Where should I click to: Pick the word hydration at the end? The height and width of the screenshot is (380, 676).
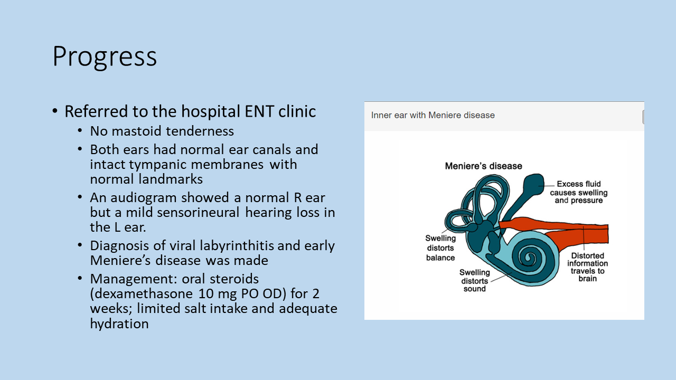tap(119, 324)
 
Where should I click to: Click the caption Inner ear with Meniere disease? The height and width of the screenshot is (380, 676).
tap(433, 115)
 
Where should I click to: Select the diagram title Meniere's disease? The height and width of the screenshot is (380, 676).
tap(483, 166)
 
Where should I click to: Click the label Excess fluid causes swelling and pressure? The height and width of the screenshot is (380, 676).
tap(578, 192)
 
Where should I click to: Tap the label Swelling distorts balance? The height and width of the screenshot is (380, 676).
tap(440, 248)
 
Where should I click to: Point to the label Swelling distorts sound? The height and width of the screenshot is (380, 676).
tap(474, 280)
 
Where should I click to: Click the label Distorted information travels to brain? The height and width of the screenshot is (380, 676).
tap(587, 267)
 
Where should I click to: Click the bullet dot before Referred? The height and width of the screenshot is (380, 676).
tap(55, 112)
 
